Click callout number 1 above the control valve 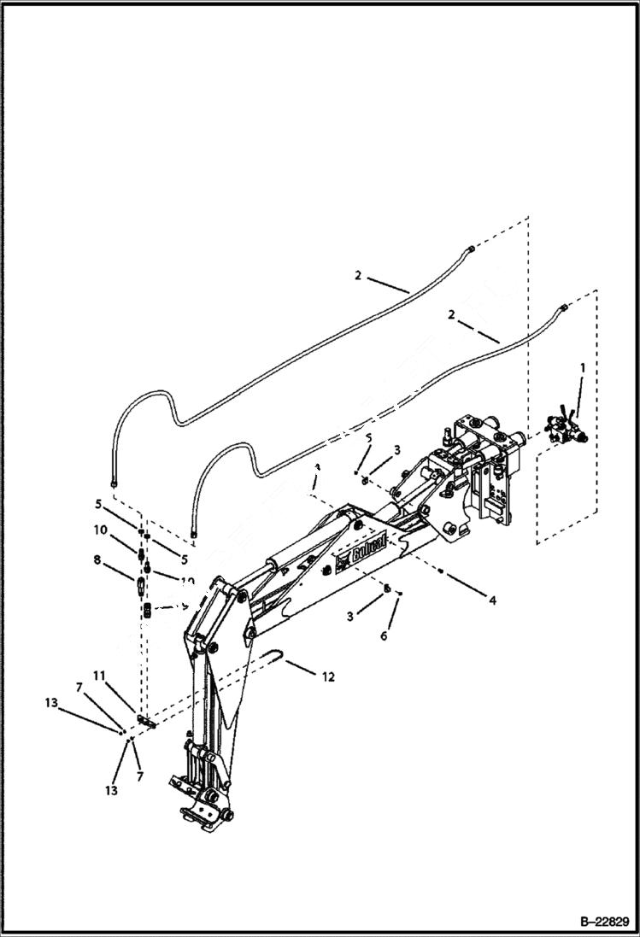tap(583, 367)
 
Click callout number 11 tap(100, 676)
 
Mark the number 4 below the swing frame tap(493, 600)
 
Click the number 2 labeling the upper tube tap(359, 275)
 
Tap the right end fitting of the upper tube tap(471, 249)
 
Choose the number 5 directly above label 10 tap(100, 503)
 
